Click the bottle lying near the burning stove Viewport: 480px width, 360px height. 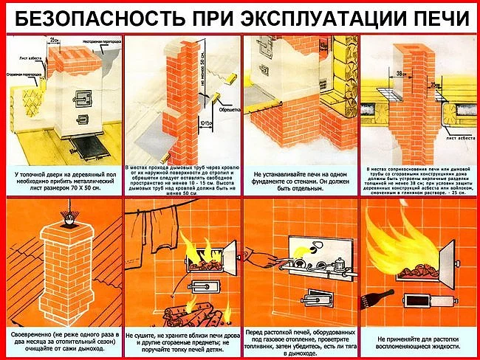(x=385, y=300)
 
